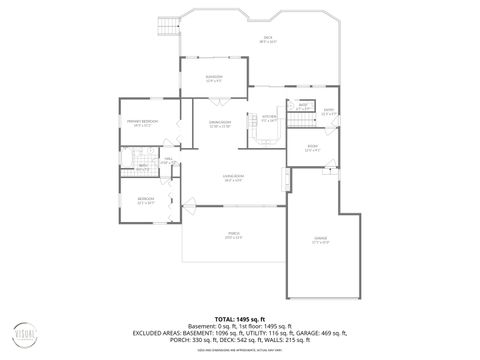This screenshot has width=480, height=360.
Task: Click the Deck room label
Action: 268,40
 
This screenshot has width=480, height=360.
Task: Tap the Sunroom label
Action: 213,78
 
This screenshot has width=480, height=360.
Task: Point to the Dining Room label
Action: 220,123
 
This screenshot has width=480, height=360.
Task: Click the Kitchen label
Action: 268,117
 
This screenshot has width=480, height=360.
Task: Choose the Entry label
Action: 329,112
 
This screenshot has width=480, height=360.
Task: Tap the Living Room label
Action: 235,178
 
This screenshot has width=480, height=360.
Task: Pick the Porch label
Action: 234,235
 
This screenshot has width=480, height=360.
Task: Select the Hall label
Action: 168,159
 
